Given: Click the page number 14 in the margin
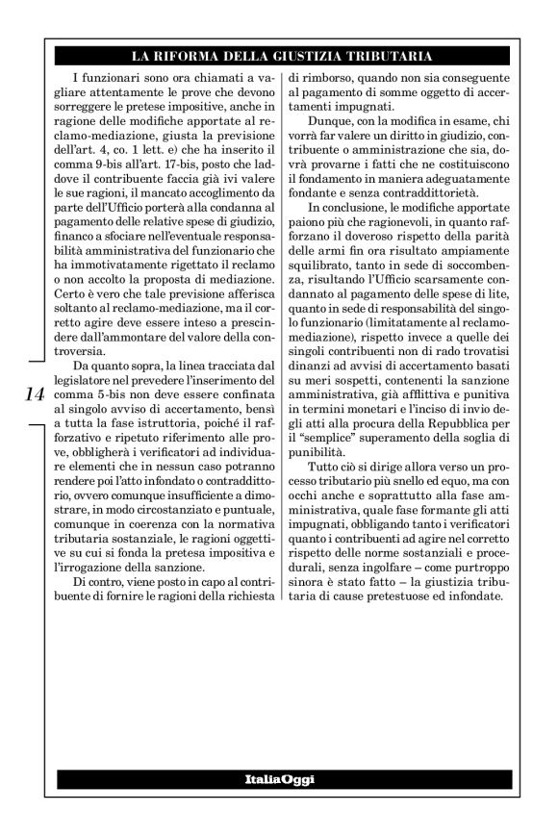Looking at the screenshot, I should pos(30,393).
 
